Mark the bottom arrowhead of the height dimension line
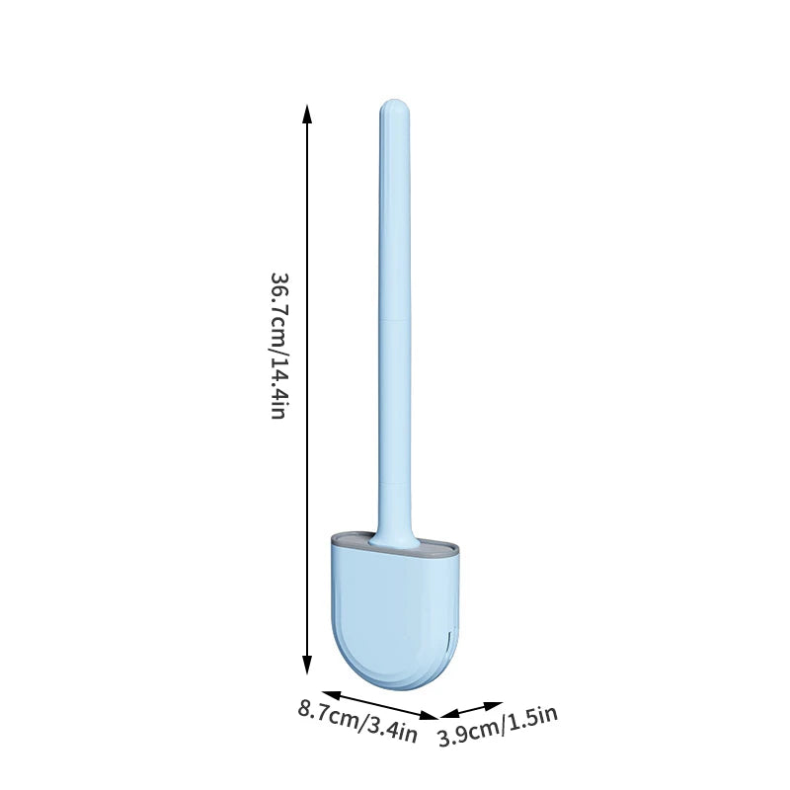[308, 668]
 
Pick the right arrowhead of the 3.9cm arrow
[497, 705]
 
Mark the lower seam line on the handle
[393, 484]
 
